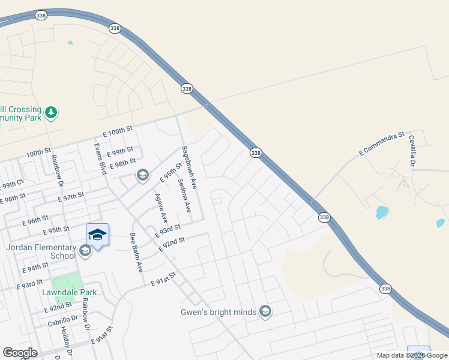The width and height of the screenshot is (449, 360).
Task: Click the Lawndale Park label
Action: click(70, 292)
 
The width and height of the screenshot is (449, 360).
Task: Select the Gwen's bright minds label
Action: click(219, 312)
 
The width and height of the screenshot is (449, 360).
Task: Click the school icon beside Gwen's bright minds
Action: click(265, 311)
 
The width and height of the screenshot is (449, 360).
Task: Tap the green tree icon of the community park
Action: click(52, 112)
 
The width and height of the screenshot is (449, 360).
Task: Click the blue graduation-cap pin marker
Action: click(97, 235)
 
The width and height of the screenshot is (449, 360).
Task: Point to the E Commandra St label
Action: click(382, 144)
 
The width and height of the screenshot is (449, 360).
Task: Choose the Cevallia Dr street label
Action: click(412, 150)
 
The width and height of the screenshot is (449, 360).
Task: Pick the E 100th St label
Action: click(117, 130)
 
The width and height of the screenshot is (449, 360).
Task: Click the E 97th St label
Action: click(71, 197)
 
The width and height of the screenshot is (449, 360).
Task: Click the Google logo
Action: click(20, 352)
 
